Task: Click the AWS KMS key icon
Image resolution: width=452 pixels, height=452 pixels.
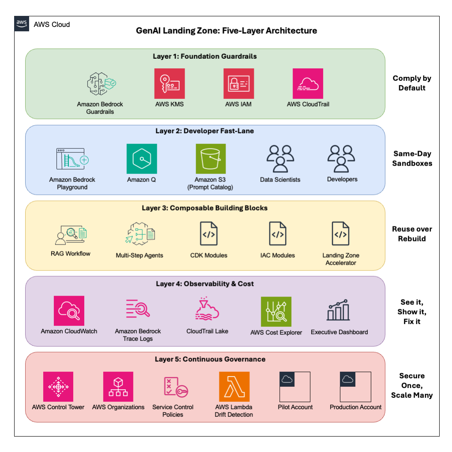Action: [169, 83]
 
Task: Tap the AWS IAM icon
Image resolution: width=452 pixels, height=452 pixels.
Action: [238, 83]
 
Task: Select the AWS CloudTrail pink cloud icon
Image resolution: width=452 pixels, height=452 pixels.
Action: [308, 83]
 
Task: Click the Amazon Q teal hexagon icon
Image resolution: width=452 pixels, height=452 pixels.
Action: [142, 159]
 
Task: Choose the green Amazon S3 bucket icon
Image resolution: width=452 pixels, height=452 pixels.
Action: [211, 159]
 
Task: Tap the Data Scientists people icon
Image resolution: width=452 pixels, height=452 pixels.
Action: [280, 158]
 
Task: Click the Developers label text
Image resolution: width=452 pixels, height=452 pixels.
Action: [342, 180]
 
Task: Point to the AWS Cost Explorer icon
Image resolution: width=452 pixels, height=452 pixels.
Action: [276, 312]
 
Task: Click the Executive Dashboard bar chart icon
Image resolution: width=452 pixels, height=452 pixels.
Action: [339, 310]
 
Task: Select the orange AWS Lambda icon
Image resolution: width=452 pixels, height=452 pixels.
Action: [234, 387]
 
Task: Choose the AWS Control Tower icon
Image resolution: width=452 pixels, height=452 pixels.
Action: [58, 387]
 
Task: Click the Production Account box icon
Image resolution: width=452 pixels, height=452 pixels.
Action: [355, 387]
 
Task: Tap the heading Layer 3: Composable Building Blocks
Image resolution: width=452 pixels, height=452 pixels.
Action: [205, 208]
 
